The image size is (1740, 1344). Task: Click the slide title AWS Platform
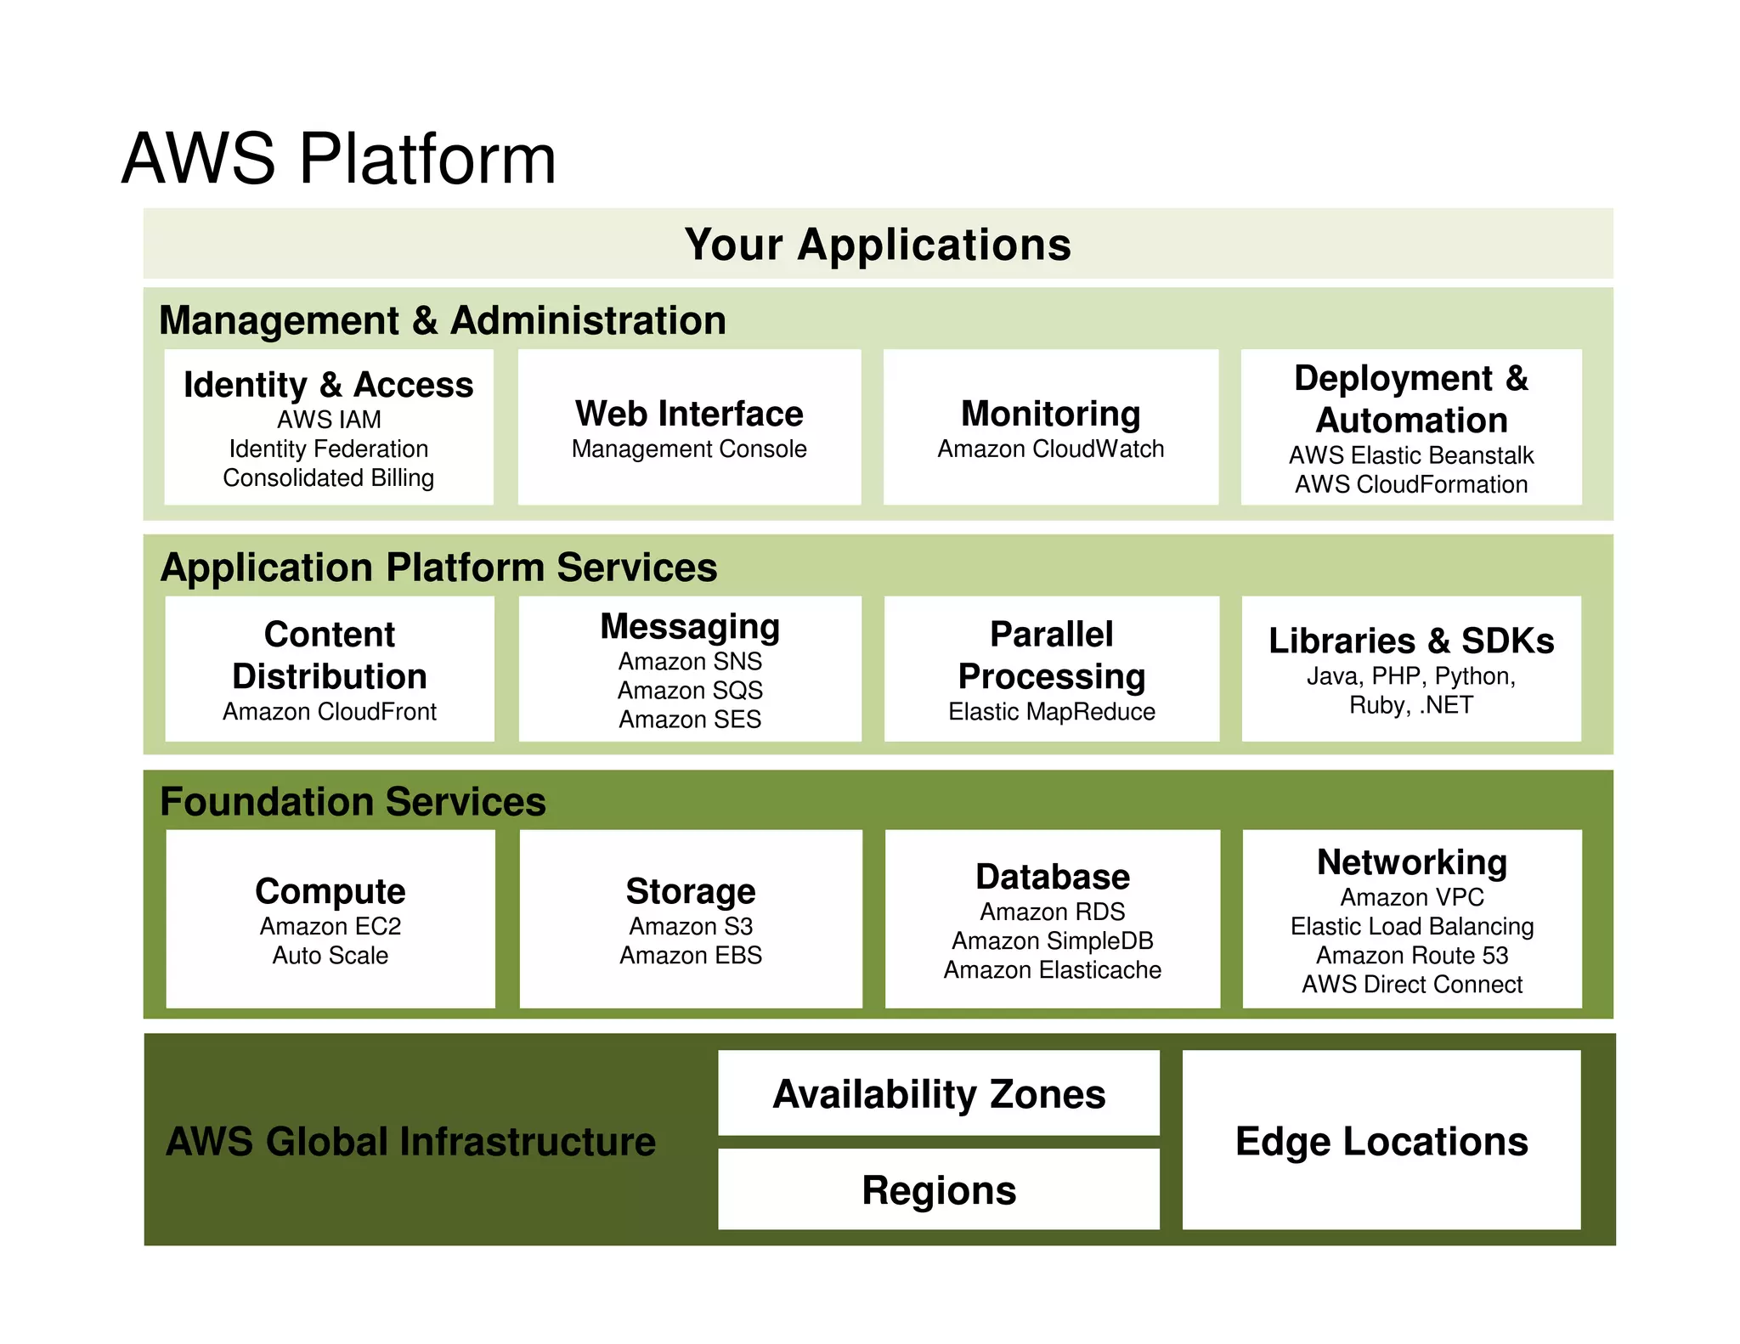point(338,159)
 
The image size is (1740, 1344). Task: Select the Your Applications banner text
point(878,245)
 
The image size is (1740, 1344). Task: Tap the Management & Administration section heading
point(442,321)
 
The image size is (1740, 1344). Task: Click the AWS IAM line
point(329,420)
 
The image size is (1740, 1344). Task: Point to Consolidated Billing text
point(328,477)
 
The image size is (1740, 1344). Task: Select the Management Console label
point(689,449)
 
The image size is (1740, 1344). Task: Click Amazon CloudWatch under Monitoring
point(1050,449)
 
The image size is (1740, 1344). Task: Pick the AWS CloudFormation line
point(1410,484)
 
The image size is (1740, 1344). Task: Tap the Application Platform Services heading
point(438,568)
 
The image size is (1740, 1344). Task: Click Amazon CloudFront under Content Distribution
point(330,711)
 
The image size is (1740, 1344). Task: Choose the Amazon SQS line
point(690,690)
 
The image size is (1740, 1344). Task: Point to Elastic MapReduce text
point(1051,711)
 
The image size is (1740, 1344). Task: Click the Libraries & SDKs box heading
point(1410,641)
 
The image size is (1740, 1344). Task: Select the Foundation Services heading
point(353,802)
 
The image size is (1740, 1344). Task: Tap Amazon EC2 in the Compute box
point(330,926)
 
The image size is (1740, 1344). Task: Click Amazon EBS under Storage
point(690,955)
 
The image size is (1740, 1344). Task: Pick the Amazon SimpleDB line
point(1052,940)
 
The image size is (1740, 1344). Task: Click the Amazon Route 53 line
point(1411,955)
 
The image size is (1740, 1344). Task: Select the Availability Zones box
point(938,1094)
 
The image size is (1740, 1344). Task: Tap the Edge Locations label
point(1381,1141)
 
